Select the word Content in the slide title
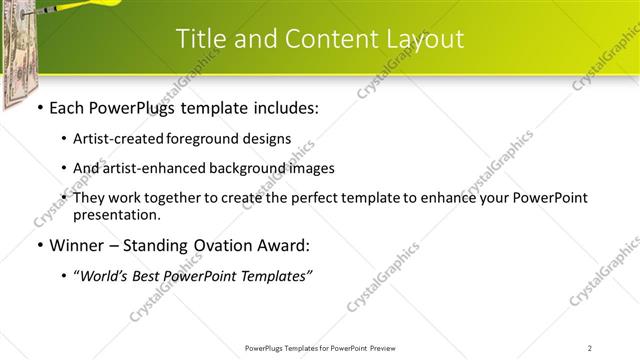click(x=326, y=39)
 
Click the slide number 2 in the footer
click(x=590, y=347)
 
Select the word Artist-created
click(x=118, y=139)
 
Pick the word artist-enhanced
click(x=149, y=168)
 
